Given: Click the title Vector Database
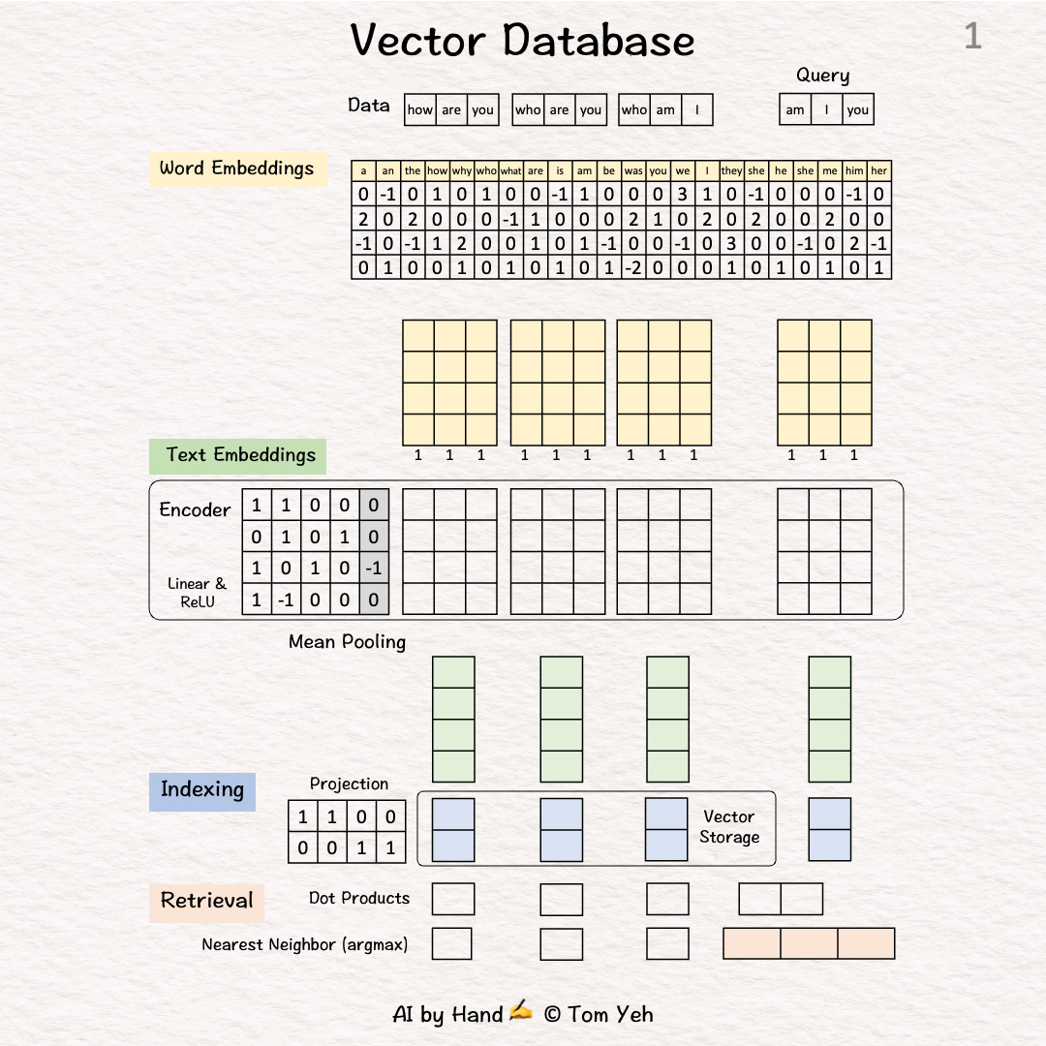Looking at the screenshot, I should tap(522, 41).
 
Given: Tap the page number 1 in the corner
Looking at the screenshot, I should tap(972, 38).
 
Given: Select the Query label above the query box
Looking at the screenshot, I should tap(822, 76).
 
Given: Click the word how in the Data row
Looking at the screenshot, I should tap(420, 110).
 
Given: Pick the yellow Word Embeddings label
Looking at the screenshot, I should tap(237, 169).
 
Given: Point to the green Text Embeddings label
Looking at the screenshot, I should tap(239, 455).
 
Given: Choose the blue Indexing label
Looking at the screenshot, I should tap(201, 789).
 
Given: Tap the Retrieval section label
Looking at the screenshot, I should tap(206, 901).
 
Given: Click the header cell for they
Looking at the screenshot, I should tap(731, 170).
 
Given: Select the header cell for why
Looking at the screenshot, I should tap(461, 170).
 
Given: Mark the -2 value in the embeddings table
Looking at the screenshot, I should tap(633, 268).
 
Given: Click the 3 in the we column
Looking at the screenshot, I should tap(683, 195).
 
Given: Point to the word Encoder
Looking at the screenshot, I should tap(195, 510).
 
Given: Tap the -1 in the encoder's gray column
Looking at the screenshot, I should tap(374, 569).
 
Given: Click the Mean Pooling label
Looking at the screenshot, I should tap(347, 642).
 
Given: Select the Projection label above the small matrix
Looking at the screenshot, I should tap(349, 784).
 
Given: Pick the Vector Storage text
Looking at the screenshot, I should tap(729, 827).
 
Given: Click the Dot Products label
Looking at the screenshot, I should tap(358, 899).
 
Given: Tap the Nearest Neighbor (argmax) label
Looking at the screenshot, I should tap(304, 944).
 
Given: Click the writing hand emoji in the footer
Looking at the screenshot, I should tap(521, 1013).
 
